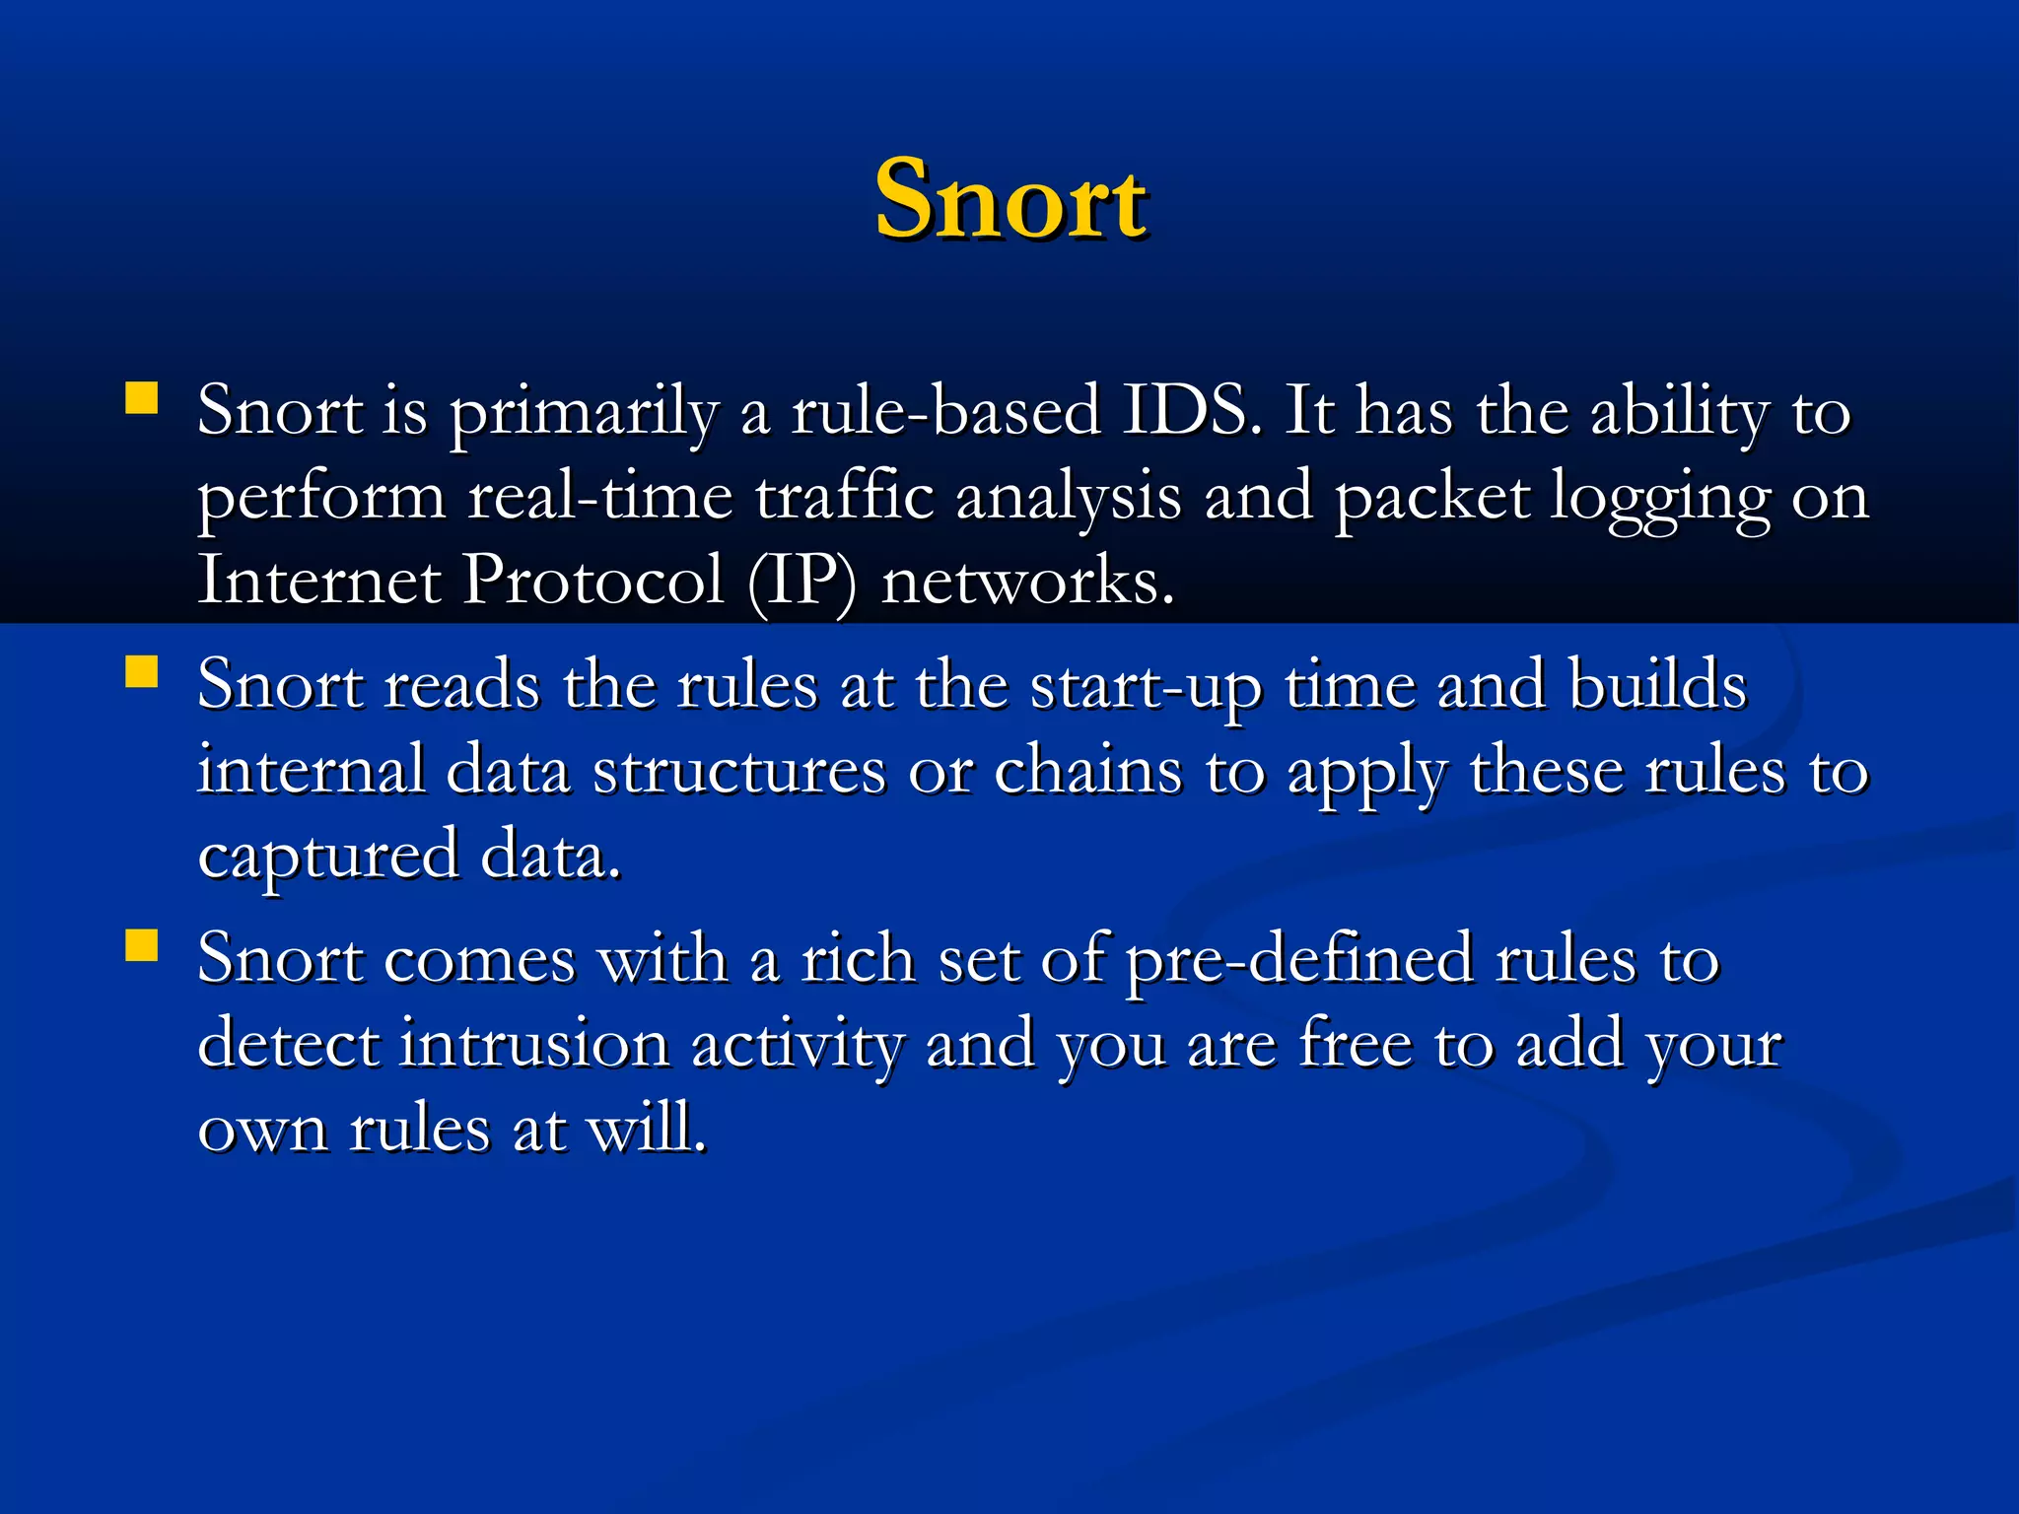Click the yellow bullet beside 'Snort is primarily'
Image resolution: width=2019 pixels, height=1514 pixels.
(142, 398)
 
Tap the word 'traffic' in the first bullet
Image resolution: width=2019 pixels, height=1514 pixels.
(845, 495)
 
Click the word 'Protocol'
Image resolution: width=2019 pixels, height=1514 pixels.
(593, 580)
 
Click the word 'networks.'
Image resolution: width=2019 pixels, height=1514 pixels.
(1028, 582)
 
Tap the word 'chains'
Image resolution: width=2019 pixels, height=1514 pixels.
(1087, 771)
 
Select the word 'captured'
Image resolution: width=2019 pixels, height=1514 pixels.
(328, 858)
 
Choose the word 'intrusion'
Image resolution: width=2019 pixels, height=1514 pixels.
(534, 1044)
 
